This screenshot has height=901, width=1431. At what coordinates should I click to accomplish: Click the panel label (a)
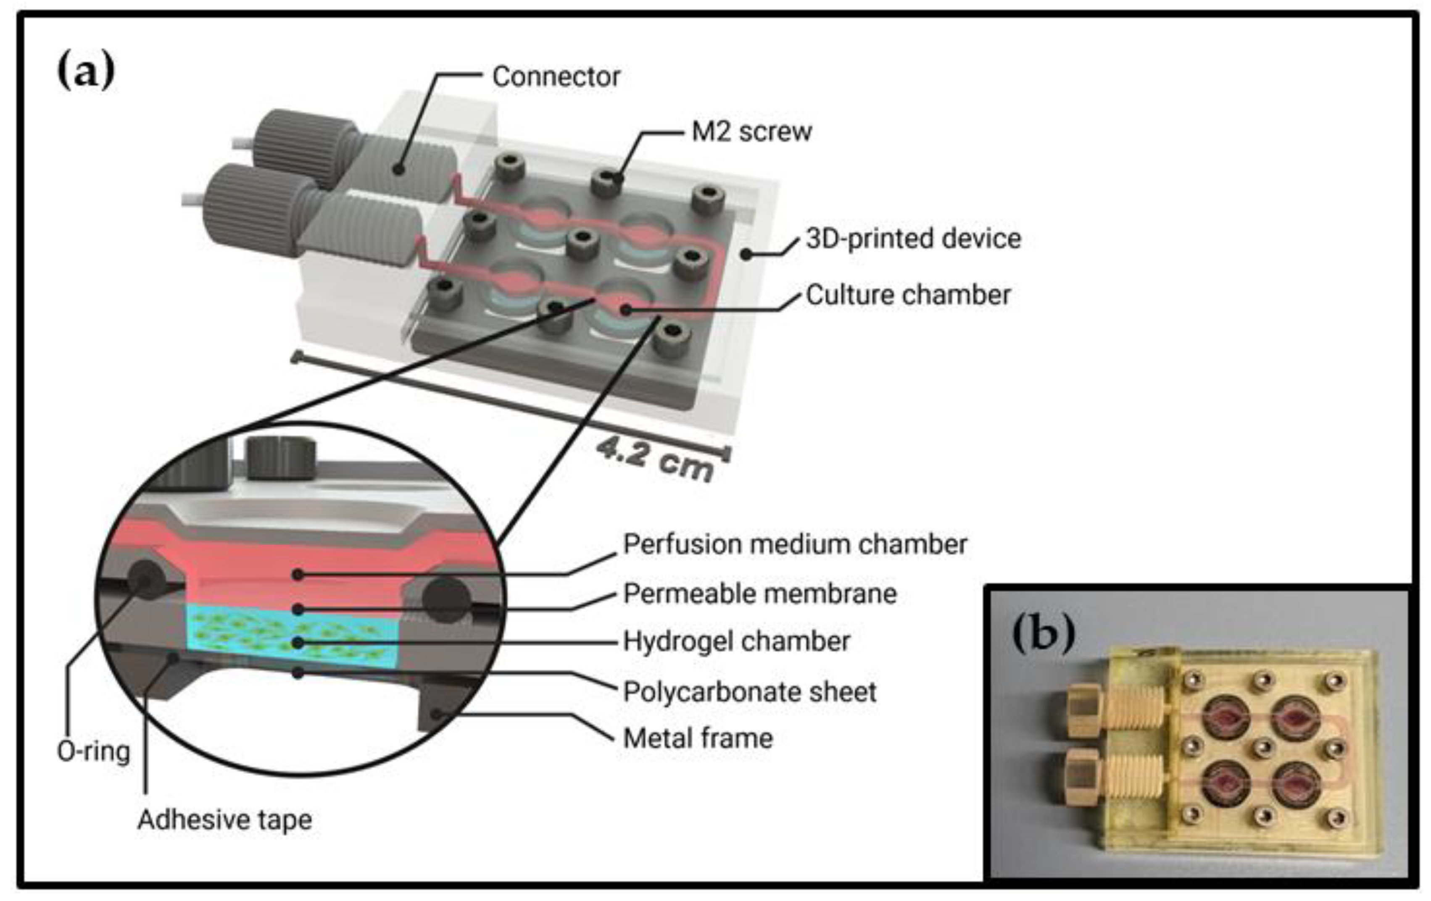(86, 71)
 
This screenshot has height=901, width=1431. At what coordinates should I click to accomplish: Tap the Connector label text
(556, 77)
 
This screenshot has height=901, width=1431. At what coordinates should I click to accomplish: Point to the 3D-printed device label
(913, 239)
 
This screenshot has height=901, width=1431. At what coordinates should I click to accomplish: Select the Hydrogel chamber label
(736, 641)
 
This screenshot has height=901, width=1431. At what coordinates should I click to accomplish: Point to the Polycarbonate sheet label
(749, 692)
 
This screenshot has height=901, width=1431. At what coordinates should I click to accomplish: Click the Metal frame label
(698, 739)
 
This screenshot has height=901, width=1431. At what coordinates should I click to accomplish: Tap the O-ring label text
(93, 752)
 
